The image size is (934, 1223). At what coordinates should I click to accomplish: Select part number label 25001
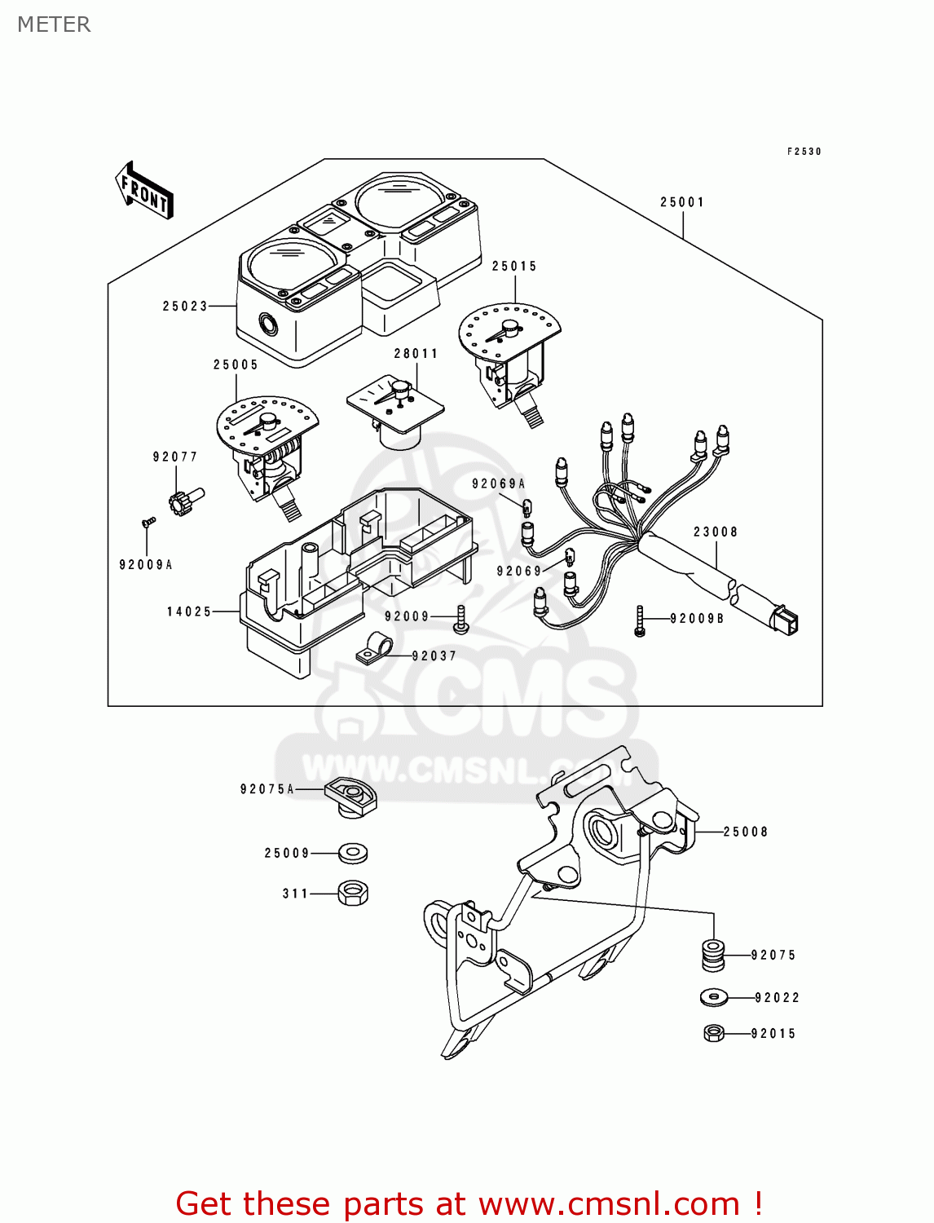(682, 202)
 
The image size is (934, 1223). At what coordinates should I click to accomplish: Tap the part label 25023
(185, 307)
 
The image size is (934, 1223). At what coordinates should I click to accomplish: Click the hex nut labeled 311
(352, 893)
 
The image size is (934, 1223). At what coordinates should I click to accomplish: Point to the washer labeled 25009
(352, 854)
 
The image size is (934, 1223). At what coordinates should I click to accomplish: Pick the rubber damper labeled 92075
(712, 955)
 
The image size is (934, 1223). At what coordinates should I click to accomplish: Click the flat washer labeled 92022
(714, 997)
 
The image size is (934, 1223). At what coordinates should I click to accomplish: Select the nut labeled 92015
(713, 1033)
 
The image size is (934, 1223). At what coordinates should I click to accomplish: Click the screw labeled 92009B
(640, 620)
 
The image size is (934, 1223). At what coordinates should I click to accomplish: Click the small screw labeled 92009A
(148, 522)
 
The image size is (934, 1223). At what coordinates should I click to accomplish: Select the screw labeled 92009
(460, 619)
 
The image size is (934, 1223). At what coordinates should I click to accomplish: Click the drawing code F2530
(804, 152)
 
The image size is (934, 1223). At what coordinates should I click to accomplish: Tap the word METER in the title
(54, 24)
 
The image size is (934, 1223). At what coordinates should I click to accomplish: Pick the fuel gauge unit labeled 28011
(396, 411)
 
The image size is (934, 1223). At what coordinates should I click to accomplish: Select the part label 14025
(189, 611)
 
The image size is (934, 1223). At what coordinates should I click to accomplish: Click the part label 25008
(746, 832)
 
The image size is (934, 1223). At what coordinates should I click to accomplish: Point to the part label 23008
(716, 532)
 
